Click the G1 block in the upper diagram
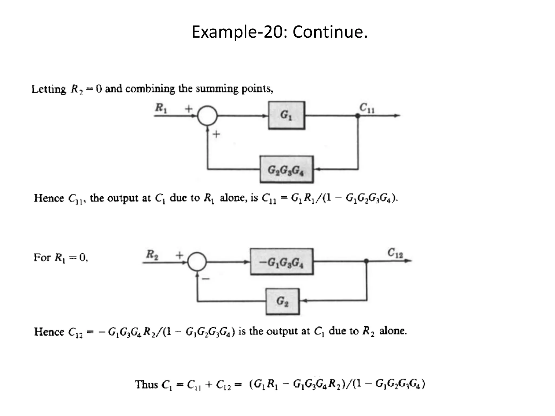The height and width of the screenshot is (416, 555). [286, 115]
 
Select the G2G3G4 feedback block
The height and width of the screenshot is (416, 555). [286, 170]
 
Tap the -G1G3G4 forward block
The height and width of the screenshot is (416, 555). [282, 262]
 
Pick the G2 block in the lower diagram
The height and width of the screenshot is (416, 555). [282, 301]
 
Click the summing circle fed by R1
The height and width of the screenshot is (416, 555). [207, 116]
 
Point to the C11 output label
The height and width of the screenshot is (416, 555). [367, 108]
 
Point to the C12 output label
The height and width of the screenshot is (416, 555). [395, 253]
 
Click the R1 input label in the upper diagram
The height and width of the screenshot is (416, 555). [161, 108]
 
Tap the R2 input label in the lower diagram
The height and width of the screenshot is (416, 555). [152, 254]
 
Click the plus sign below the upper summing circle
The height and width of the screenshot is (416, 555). [216, 134]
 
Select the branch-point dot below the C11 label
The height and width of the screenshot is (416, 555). [358, 116]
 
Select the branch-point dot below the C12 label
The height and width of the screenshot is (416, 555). [366, 261]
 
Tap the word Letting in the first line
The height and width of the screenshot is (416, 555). [49, 89]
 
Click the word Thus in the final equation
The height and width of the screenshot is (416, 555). [146, 384]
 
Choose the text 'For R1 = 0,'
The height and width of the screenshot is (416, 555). [61, 257]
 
